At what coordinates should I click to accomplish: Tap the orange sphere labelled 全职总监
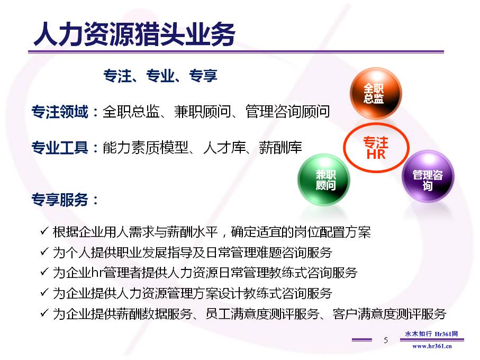pyautogui.click(x=376, y=93)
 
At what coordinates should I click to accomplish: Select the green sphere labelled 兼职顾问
pyautogui.click(x=324, y=179)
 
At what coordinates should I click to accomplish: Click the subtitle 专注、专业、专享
pyautogui.click(x=160, y=76)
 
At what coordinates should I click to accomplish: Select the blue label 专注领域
pyautogui.click(x=60, y=111)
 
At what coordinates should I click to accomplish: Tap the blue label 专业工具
pyautogui.click(x=60, y=147)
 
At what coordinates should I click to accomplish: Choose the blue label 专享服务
pyautogui.click(x=60, y=200)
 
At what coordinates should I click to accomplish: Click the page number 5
pyautogui.click(x=386, y=340)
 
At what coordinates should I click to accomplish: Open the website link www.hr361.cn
pyautogui.click(x=432, y=346)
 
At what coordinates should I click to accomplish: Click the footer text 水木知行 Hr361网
pyautogui.click(x=431, y=334)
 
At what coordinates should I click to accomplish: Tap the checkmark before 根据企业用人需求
pyautogui.click(x=44, y=231)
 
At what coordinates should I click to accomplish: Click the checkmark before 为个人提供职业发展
pyautogui.click(x=44, y=251)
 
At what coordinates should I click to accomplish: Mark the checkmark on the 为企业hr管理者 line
pyautogui.click(x=44, y=272)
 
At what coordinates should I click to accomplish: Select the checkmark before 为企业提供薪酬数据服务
pyautogui.click(x=44, y=312)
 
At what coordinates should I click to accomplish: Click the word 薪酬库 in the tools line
pyautogui.click(x=280, y=147)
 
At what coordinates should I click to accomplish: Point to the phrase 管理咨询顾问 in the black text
pyautogui.click(x=288, y=111)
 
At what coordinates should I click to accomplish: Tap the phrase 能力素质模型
pyautogui.click(x=146, y=147)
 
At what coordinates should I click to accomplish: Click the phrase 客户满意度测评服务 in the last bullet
pyautogui.click(x=390, y=314)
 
